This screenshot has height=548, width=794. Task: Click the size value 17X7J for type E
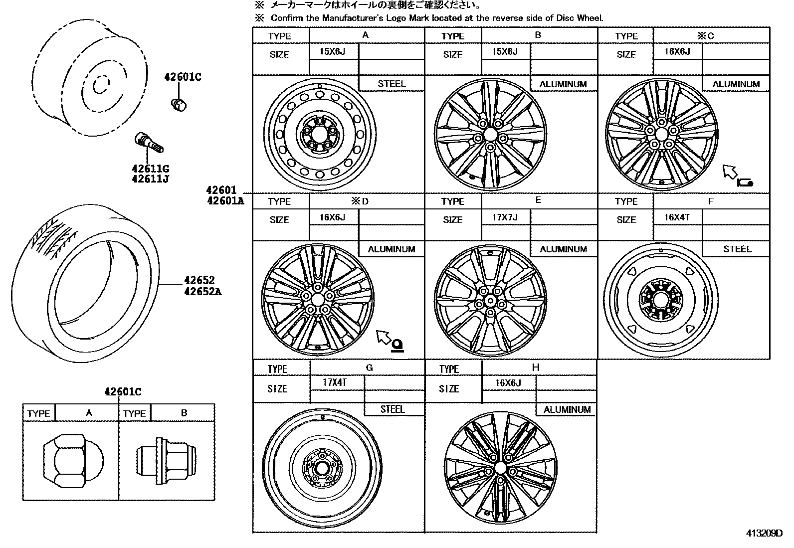[505, 217]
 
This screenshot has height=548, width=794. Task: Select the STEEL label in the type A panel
[392, 84]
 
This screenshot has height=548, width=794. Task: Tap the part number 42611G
[150, 169]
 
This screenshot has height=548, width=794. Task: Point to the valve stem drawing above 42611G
[149, 142]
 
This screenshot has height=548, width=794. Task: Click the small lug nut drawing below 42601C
[178, 104]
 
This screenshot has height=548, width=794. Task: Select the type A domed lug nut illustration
[72, 460]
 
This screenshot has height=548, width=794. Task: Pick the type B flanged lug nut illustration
[166, 460]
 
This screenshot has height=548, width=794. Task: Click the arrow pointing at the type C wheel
[730, 172]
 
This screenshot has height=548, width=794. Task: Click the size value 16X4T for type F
[677, 217]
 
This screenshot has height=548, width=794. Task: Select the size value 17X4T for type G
[335, 383]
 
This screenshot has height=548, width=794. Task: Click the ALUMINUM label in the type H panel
[567, 409]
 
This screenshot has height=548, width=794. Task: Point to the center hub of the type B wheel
[490, 134]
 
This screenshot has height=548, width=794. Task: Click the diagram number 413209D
[764, 533]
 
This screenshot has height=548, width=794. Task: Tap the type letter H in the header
[536, 367]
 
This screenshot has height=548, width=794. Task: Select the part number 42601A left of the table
[225, 201]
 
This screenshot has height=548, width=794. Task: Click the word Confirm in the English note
[287, 18]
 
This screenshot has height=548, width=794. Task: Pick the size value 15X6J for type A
[332, 51]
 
